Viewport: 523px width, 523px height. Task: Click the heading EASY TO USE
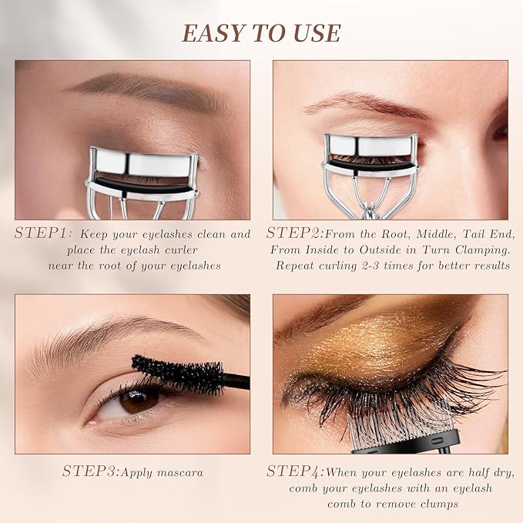[260, 32]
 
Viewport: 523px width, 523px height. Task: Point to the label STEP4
[294, 471]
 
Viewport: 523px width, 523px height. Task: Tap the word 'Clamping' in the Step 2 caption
[474, 250]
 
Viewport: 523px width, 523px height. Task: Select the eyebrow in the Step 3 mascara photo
[116, 337]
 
